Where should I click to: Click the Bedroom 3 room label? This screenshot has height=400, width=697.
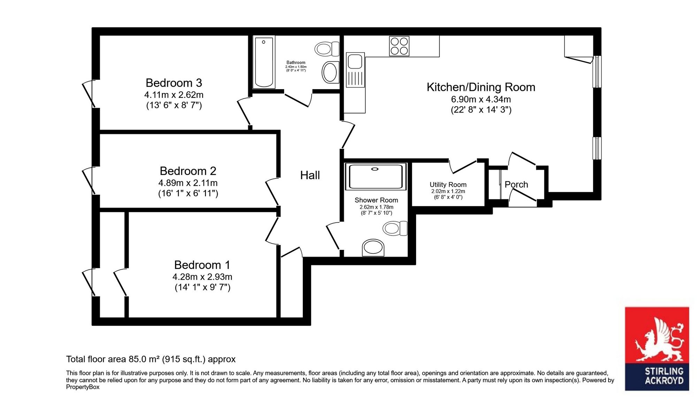click(174, 83)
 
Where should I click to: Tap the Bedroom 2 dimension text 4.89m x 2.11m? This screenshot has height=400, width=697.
click(188, 183)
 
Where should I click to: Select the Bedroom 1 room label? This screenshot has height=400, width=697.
click(202, 265)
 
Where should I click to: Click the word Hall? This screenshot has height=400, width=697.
click(310, 175)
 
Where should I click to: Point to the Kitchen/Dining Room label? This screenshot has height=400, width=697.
click(481, 87)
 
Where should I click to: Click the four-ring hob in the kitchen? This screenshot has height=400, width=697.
click(399, 46)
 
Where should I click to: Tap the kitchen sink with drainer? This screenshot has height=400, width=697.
click(355, 70)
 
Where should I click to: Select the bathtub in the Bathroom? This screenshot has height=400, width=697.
click(264, 62)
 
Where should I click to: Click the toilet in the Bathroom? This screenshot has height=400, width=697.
click(327, 49)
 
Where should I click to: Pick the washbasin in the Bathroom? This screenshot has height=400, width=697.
click(330, 72)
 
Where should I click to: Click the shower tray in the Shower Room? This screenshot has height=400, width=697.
click(376, 177)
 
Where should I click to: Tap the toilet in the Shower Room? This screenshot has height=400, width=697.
click(395, 229)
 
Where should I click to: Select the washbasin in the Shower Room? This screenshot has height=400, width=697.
click(373, 248)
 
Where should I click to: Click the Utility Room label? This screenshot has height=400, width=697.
click(448, 185)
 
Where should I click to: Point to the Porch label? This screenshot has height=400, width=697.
click(516, 184)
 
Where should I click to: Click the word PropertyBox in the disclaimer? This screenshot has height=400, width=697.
click(83, 387)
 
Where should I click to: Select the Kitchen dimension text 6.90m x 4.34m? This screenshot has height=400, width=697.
click(481, 99)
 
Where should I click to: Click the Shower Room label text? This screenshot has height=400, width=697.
click(376, 200)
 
